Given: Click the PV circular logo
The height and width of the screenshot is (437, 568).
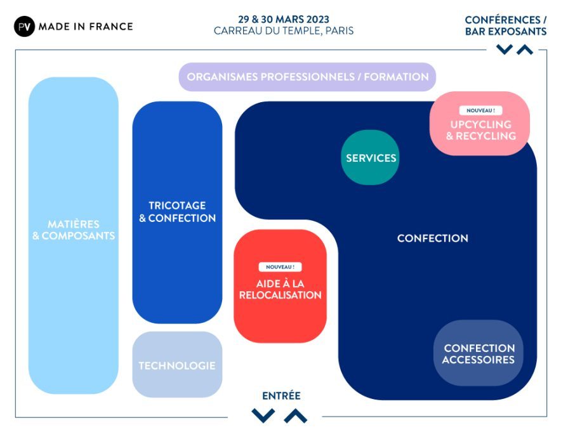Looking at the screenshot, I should [x=24, y=26].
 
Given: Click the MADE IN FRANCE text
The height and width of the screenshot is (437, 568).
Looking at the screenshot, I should [x=86, y=27].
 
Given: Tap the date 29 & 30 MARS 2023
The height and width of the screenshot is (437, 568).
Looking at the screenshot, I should [x=284, y=19].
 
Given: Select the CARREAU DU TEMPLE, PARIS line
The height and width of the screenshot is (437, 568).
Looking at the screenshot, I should [x=284, y=30].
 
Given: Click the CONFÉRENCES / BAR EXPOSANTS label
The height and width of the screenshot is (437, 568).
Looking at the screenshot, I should [x=505, y=25].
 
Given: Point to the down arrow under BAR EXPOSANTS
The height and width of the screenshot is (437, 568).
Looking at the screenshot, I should [x=505, y=49].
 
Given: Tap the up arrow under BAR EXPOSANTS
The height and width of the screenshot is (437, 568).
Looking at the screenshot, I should [x=525, y=49].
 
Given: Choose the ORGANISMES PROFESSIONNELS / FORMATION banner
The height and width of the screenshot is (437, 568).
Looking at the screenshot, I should [x=308, y=77].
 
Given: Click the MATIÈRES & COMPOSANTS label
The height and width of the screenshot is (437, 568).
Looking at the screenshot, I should [x=74, y=230].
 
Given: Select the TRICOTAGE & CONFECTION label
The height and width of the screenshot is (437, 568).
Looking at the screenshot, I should [x=178, y=212].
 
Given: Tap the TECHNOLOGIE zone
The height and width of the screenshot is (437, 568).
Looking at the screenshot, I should [x=177, y=365].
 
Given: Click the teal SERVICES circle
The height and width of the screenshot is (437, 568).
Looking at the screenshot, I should [x=371, y=158].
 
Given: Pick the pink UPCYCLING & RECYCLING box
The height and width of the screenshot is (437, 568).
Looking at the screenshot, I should [x=480, y=129].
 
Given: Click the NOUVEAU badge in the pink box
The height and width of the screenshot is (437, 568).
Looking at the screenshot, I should [x=480, y=110].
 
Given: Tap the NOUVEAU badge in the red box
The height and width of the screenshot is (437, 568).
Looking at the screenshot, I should [x=280, y=267].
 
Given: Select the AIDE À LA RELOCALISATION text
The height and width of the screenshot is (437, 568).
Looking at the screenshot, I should [x=280, y=289].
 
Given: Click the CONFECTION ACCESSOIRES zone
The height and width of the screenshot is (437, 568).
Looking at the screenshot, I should [x=479, y=354].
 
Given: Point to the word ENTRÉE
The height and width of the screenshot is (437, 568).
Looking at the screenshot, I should [x=281, y=396].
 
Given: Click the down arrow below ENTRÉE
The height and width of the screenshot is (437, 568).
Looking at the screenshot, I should [x=263, y=415].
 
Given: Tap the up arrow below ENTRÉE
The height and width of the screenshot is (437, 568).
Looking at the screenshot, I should [x=295, y=415].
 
